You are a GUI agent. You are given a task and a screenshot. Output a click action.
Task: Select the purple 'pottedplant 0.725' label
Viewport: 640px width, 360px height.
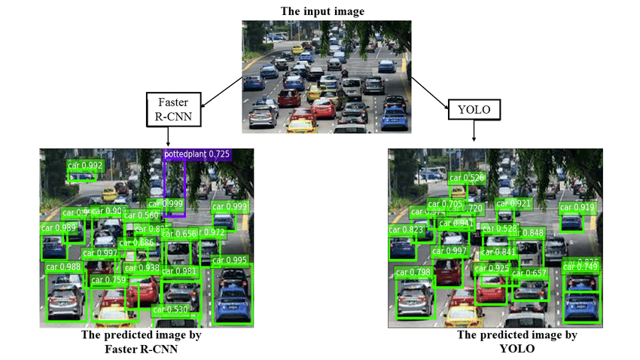197,154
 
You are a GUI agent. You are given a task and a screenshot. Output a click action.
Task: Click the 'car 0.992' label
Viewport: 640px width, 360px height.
85,166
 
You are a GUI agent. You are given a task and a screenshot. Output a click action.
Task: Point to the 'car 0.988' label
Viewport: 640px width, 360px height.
64,266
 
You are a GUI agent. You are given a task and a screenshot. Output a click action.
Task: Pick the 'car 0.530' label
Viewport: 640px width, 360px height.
170,310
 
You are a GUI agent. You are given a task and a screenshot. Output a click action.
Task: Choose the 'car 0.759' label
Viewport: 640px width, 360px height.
108,280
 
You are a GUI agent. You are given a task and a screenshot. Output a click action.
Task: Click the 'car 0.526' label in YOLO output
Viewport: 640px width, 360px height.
467,178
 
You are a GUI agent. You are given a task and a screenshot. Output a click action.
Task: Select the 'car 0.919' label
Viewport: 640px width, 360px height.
577,207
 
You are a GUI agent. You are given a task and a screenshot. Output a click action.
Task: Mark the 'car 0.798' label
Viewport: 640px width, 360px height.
413,272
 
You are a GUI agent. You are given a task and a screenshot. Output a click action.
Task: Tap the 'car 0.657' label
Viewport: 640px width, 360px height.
529,273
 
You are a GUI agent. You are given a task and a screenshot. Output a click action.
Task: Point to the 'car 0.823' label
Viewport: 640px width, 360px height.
407,230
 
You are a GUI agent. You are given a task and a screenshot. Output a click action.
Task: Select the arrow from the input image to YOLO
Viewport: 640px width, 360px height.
428,87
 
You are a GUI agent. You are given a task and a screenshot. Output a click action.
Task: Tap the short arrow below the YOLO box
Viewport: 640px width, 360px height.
473,131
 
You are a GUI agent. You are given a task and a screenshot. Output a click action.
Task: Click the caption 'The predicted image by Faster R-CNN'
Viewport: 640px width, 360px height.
142,341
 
